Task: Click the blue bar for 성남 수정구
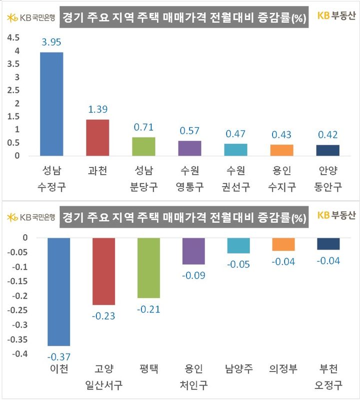(51, 104)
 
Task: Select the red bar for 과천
(97, 137)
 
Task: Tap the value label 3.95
(51, 43)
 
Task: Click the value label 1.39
(97, 110)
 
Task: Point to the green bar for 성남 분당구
(143, 146)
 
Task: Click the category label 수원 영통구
(189, 179)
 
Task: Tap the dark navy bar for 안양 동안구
(327, 150)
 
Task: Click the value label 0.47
(235, 134)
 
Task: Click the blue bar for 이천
(58, 292)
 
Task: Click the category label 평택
(148, 370)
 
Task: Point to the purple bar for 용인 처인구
(193, 251)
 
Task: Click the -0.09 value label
(193, 275)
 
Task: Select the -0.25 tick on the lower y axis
(16, 311)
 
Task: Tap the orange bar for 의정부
(283, 244)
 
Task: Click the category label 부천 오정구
(328, 377)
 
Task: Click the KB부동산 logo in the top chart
(337, 16)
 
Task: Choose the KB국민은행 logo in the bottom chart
(31, 217)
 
